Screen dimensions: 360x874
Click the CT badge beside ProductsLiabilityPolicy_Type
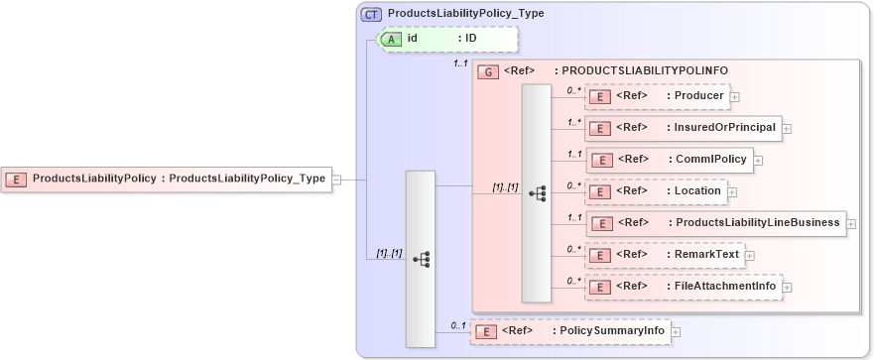pyautogui.click(x=372, y=14)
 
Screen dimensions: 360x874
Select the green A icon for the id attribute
pyautogui.click(x=391, y=39)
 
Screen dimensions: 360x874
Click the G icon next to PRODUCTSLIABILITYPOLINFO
pyautogui.click(x=487, y=71)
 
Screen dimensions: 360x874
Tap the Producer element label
pyautogui.click(x=694, y=96)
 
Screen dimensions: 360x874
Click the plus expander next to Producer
pyautogui.click(x=735, y=97)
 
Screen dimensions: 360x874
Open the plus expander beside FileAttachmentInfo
pyautogui.click(x=787, y=288)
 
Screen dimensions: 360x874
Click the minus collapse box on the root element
pyautogui.click(x=336, y=180)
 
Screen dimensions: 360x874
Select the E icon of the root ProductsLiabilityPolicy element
pyautogui.click(x=17, y=180)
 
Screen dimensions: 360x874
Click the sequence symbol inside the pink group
pyautogui.click(x=536, y=192)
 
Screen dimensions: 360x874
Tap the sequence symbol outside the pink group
pyautogui.click(x=421, y=258)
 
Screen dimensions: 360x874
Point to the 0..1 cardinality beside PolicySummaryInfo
pyautogui.click(x=457, y=324)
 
